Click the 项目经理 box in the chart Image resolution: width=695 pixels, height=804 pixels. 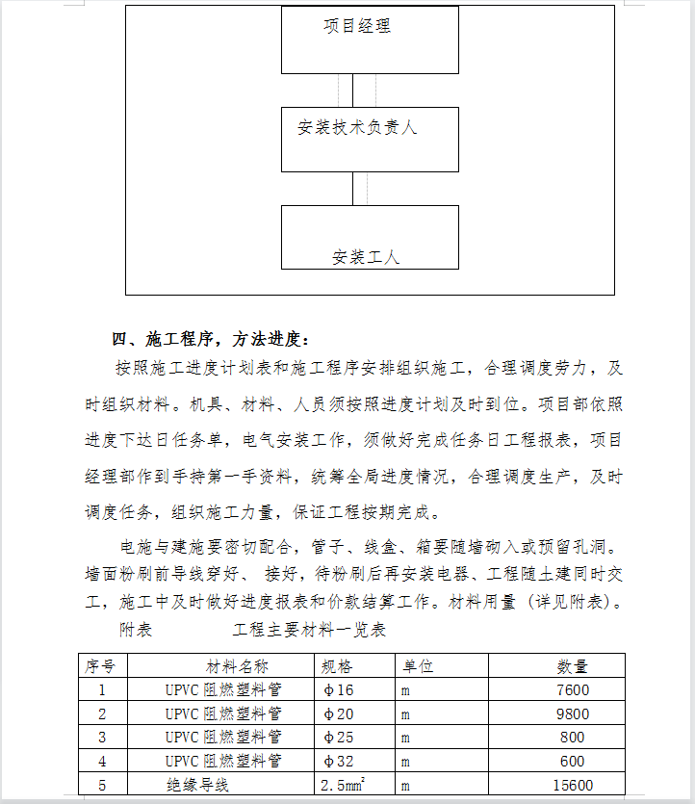tap(370, 39)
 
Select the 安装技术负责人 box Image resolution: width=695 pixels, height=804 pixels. tap(370, 139)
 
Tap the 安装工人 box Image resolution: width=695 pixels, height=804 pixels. tap(370, 237)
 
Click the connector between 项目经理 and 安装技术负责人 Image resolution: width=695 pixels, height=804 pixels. tap(352, 91)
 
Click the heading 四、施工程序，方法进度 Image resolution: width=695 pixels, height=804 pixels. tap(212, 339)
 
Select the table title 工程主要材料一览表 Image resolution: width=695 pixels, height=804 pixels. tap(309, 631)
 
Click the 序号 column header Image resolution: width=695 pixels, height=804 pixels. tap(101, 666)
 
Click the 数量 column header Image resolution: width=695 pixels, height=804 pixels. tap(573, 666)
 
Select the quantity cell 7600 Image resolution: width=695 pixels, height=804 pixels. tap(573, 690)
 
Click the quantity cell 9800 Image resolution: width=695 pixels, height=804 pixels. tap(573, 714)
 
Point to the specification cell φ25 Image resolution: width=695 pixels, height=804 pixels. tap(339, 738)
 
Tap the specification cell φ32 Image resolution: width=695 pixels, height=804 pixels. tap(339, 762)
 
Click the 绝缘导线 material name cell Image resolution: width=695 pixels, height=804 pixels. tap(197, 786)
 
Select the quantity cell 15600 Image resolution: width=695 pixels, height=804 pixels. tap(573, 786)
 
